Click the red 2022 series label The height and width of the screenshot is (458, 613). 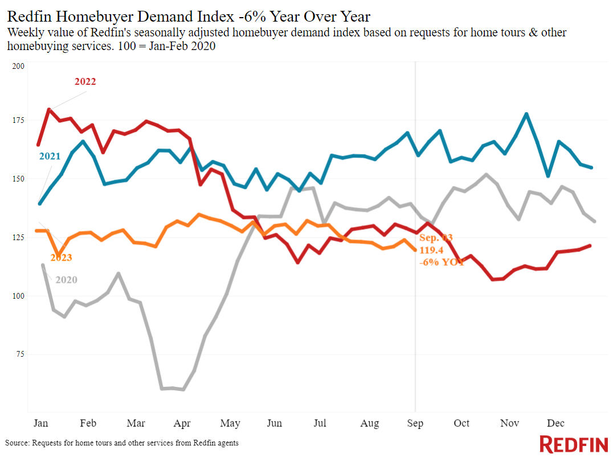[85, 81]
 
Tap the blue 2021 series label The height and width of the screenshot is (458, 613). [50, 156]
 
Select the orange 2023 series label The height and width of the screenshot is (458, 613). [62, 258]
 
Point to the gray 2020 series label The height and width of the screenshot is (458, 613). [67, 280]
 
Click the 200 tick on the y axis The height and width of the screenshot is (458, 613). [18, 66]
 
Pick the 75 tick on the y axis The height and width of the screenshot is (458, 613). [20, 354]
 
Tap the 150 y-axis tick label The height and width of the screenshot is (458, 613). [18, 179]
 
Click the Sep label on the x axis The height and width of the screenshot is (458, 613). [415, 423]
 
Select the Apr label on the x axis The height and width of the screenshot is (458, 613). [182, 423]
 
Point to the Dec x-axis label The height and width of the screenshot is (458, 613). [555, 423]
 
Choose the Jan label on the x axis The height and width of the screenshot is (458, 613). [40, 423]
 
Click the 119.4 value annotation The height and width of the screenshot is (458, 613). [431, 250]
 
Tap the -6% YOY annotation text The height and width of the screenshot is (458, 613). [442, 262]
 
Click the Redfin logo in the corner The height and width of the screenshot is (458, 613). [574, 444]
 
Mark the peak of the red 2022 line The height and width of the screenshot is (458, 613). [49, 109]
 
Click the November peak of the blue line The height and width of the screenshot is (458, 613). [526, 114]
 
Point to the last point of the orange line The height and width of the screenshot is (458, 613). [415, 250]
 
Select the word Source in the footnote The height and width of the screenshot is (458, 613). [17, 443]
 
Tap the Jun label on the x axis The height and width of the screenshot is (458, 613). [275, 423]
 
